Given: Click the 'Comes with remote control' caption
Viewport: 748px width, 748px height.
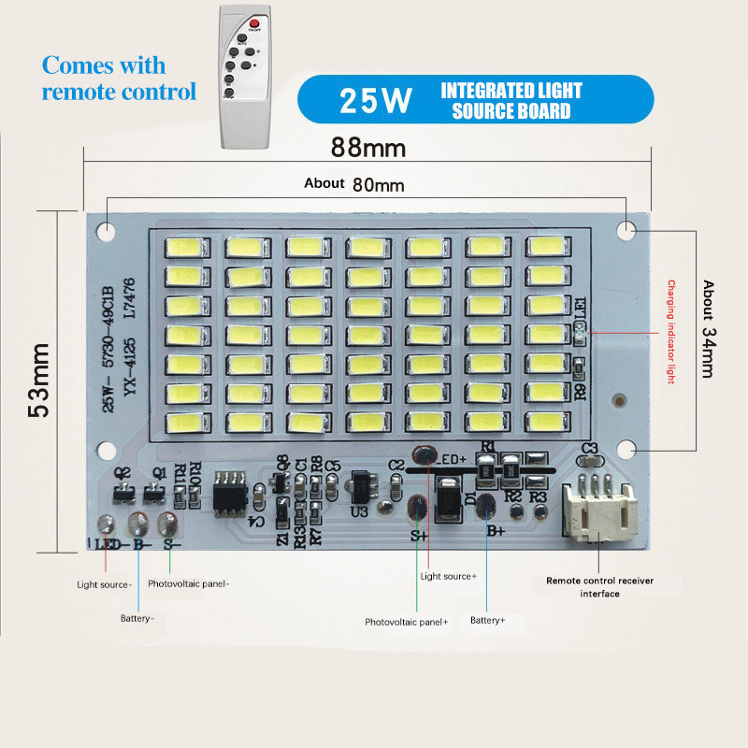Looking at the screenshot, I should (x=119, y=79).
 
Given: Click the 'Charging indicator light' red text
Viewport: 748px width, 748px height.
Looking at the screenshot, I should (x=669, y=333).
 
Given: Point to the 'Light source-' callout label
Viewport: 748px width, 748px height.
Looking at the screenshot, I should (x=105, y=584).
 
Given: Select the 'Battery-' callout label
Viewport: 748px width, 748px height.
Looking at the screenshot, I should (x=137, y=618).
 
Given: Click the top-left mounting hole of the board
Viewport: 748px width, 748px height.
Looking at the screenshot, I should (x=109, y=230).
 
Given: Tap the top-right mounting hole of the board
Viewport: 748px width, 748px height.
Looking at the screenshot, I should (x=625, y=228).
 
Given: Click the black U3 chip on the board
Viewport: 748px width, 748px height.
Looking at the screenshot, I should (x=359, y=486).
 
